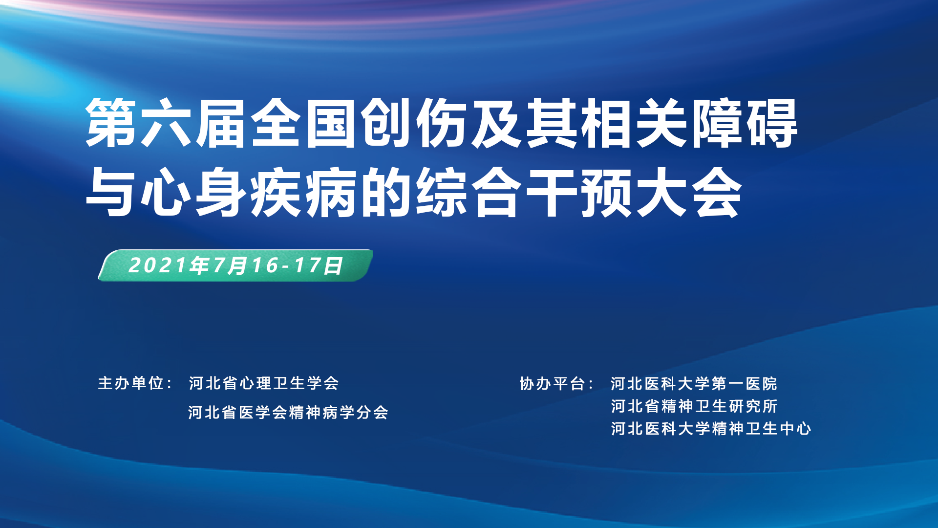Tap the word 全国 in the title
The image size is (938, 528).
pos(305,123)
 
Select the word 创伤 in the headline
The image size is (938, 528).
pos(415,123)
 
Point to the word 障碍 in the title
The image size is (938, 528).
pos(745,123)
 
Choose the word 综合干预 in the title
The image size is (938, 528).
pos(525,191)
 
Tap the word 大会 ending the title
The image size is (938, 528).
pos(689,191)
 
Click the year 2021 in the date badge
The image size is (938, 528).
pos(158,265)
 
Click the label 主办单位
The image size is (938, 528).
pos(131,383)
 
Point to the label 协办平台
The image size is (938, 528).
pos(553,384)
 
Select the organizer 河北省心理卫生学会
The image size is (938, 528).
pos(264,383)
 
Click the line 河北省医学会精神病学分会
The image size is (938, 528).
pos(288,413)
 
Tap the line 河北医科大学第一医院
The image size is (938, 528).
pos(694,384)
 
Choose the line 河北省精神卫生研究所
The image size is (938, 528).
pos(694,406)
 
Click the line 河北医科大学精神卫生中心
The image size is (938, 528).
pos(711,429)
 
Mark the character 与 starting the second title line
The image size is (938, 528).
pos(112,191)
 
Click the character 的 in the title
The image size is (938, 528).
pos(387,191)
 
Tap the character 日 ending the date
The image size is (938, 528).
pos(334,265)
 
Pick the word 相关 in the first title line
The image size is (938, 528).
pos(635,123)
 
